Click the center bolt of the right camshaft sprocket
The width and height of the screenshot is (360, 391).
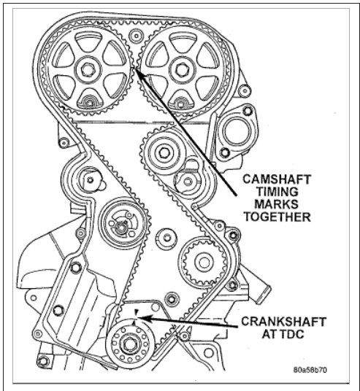point(179,71)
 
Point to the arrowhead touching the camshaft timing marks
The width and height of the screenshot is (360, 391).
point(137,71)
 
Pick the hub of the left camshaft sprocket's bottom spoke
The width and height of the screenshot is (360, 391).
point(90,101)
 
